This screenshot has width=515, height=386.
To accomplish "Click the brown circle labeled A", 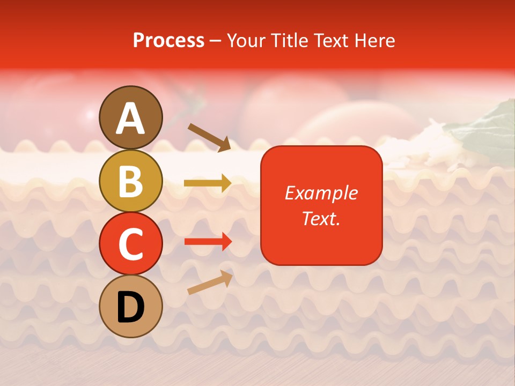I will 131,117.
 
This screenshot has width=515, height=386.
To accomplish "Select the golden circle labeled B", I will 131,181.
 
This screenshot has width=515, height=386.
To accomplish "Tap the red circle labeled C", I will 131,243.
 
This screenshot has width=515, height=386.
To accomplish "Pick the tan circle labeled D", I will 131,306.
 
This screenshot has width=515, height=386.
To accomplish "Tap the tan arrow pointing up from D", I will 210,283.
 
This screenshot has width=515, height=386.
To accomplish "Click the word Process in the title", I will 168,40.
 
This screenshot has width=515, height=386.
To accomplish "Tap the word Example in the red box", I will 321,193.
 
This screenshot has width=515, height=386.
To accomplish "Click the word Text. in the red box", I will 321,218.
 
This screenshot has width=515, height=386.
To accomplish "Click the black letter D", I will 131,307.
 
